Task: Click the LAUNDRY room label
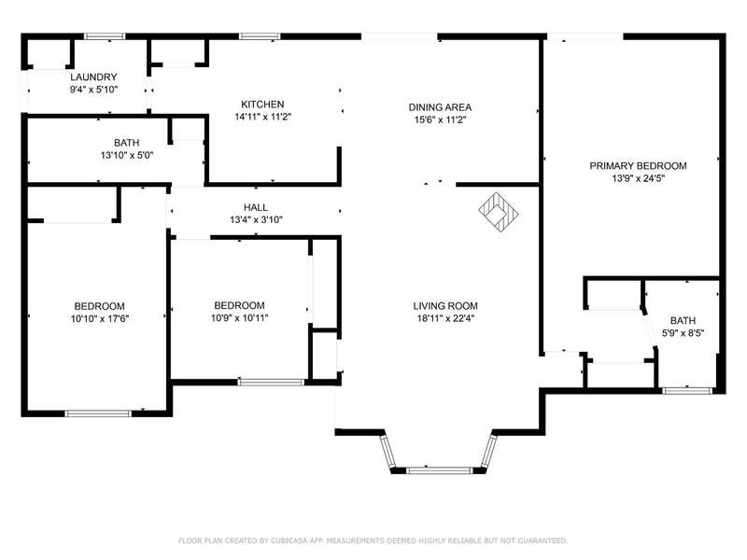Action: point(93,77)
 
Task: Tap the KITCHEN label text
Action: point(262,105)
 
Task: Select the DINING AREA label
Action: point(440,107)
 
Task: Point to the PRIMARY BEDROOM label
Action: point(638,166)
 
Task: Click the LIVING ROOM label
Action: point(445,306)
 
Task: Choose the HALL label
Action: point(256,207)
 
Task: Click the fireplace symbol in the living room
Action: point(499,212)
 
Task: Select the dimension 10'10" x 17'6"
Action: point(100,318)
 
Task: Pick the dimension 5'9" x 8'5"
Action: point(684,333)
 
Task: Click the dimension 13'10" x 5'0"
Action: point(127,155)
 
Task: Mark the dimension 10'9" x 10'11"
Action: point(240,317)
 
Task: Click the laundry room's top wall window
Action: point(105,36)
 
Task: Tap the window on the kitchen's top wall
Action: point(260,36)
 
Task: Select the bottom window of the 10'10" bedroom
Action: point(98,413)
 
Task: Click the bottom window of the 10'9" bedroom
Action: point(271,382)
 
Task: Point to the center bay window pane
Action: point(439,470)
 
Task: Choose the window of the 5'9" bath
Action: point(687,391)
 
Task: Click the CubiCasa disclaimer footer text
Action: point(373,540)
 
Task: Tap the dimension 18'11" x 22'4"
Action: point(446,318)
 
